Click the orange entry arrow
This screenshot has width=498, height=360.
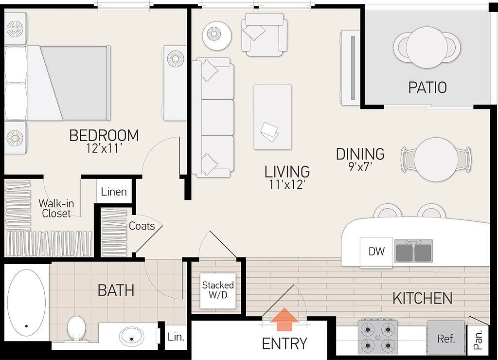tap(284, 319)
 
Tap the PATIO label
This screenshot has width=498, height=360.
tap(427, 88)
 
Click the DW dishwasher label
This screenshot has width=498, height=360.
tap(377, 252)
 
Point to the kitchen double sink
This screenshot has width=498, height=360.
tap(413, 251)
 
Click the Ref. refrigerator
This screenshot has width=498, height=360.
tap(446, 337)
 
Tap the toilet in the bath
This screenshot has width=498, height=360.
tap(76, 329)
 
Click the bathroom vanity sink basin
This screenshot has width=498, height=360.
tap(131, 336)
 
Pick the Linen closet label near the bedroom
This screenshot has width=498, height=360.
tap(114, 192)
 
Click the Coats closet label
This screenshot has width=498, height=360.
tap(142, 226)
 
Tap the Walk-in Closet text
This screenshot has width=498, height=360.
tap(56, 208)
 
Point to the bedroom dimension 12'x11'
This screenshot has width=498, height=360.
tap(104, 148)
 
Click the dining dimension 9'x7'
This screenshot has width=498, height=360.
tap(360, 166)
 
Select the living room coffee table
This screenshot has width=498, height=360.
tap(272, 117)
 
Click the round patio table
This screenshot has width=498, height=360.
tap(427, 47)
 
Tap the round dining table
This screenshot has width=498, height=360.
tap(436, 160)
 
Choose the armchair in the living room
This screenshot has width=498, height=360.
tap(264, 35)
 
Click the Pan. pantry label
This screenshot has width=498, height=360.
tap(478, 340)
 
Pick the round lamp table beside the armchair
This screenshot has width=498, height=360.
tap(217, 35)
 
